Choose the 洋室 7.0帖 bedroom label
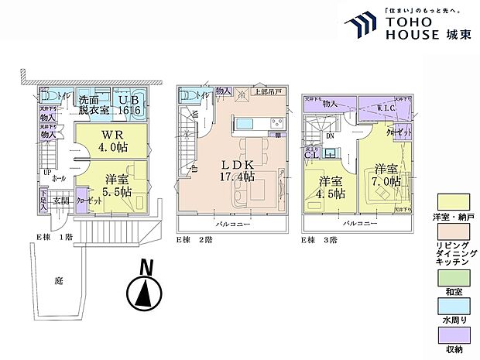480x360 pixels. click(386, 174)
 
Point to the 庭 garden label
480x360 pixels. click(57, 282)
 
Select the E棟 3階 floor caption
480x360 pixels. click(321, 240)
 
